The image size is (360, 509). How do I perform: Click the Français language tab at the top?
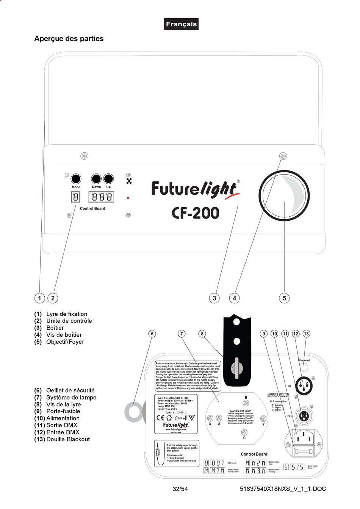point(181,24)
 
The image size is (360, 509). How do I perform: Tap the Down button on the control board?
point(96,179)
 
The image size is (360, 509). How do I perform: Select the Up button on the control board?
point(109,179)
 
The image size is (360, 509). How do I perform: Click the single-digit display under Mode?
point(76,197)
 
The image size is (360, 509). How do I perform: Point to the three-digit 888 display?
point(101,197)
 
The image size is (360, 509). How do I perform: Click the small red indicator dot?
point(128,198)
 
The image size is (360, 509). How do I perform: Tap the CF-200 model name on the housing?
point(196,213)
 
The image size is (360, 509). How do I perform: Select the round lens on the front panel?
point(284,195)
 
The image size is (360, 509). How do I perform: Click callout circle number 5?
point(285,298)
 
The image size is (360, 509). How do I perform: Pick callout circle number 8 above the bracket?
point(202,334)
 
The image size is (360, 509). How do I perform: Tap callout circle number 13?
point(306,334)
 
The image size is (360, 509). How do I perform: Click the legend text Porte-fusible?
point(63,411)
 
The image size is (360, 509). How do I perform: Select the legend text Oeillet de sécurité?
point(70,390)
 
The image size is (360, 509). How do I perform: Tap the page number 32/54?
point(180,489)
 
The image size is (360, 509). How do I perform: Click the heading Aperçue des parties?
point(69,39)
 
